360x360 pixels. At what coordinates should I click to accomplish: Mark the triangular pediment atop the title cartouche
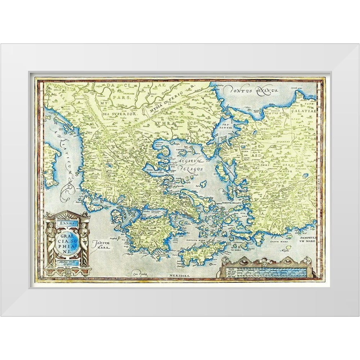click(x=67, y=215)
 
